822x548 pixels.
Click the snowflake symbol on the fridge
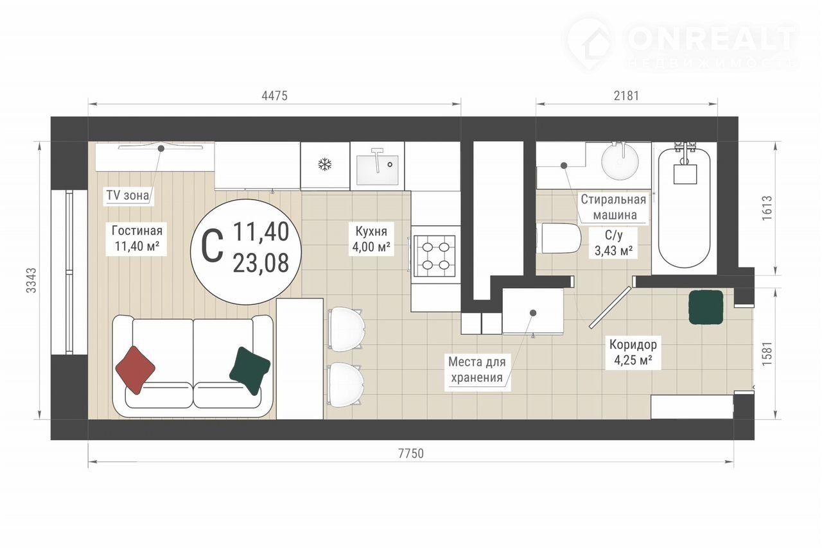[x=325, y=164]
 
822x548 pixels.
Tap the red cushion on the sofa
[x=135, y=370]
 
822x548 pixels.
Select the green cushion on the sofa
[x=250, y=370]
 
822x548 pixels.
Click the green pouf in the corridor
[x=706, y=307]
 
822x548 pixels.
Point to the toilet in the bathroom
[x=559, y=238]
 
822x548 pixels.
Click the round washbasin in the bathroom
[x=620, y=162]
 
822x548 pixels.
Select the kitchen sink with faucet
[x=377, y=166]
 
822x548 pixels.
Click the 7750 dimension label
[x=411, y=454]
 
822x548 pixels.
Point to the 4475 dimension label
[x=274, y=96]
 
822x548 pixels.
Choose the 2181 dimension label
[x=626, y=96]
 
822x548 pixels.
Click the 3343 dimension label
[x=32, y=280]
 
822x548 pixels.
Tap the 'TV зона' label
[x=128, y=195]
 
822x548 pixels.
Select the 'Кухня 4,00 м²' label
[x=371, y=239]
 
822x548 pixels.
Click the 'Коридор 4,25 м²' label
[x=633, y=352]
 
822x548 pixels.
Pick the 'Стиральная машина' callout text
[x=613, y=207]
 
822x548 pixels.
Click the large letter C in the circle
[x=213, y=246]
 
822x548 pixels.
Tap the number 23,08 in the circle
[x=261, y=263]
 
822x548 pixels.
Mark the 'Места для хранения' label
[x=477, y=370]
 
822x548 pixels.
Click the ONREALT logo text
[x=712, y=39]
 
